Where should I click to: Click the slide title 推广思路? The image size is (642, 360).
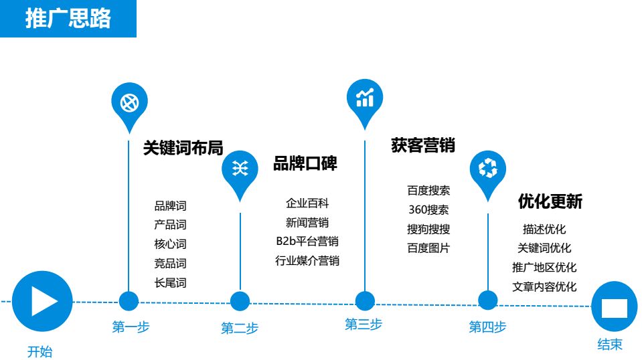pos(68,19)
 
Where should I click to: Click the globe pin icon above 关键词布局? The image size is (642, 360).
pos(129,104)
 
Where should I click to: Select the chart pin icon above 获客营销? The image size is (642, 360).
pos(365,98)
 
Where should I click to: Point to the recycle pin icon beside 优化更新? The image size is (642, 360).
pos(488,169)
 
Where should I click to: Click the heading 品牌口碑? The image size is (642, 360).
pos(305,164)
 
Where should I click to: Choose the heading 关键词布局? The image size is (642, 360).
pos(183,148)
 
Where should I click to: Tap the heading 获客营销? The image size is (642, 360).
pos(422,145)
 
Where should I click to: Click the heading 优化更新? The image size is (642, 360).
pos(550,201)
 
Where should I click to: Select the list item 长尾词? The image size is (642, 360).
pos(170,283)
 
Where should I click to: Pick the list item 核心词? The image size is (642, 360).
pos(170,244)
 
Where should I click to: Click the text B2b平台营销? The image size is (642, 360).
pos(307,242)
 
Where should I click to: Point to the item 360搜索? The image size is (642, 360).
pos(428,210)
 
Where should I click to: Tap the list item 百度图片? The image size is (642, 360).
pos(428,248)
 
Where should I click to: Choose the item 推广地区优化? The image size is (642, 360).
pos(544,268)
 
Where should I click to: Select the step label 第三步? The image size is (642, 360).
pos(364,325)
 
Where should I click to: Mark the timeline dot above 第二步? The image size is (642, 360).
pos(240,301)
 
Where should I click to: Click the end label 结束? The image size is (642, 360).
pos(610,345)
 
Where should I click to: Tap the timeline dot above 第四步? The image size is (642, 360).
pos(488,301)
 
